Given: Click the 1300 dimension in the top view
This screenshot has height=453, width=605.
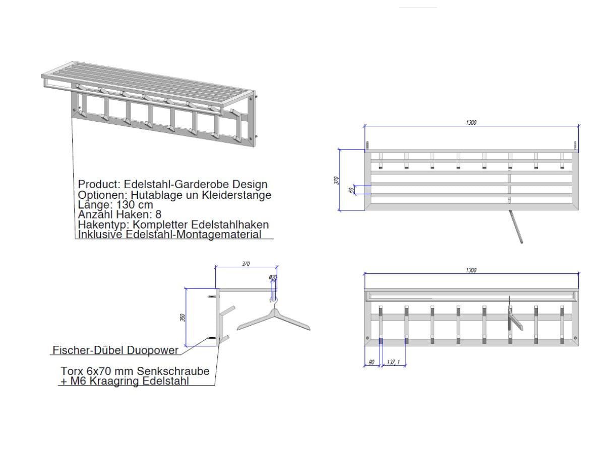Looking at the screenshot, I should pos(471,122).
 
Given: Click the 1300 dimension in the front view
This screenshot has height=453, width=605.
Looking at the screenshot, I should pos(471,270).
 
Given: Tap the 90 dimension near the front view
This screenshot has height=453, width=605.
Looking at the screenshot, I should pos(372,362).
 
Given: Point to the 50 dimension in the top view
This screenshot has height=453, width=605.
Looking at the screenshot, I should pos(351,190).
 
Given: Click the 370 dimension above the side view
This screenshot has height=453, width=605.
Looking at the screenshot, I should pos(246,264).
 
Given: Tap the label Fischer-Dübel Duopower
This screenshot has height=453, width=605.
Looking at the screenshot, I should pos(115,350).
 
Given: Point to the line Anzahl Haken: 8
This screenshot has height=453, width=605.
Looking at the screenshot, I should pos(119,214).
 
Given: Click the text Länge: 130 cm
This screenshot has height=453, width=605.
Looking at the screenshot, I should pos(115,205).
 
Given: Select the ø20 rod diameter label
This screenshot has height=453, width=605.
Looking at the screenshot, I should pos(272,278).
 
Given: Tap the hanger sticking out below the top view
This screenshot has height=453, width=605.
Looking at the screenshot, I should pos(516,228).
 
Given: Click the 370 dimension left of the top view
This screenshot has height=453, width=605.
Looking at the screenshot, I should pos(337,180).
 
